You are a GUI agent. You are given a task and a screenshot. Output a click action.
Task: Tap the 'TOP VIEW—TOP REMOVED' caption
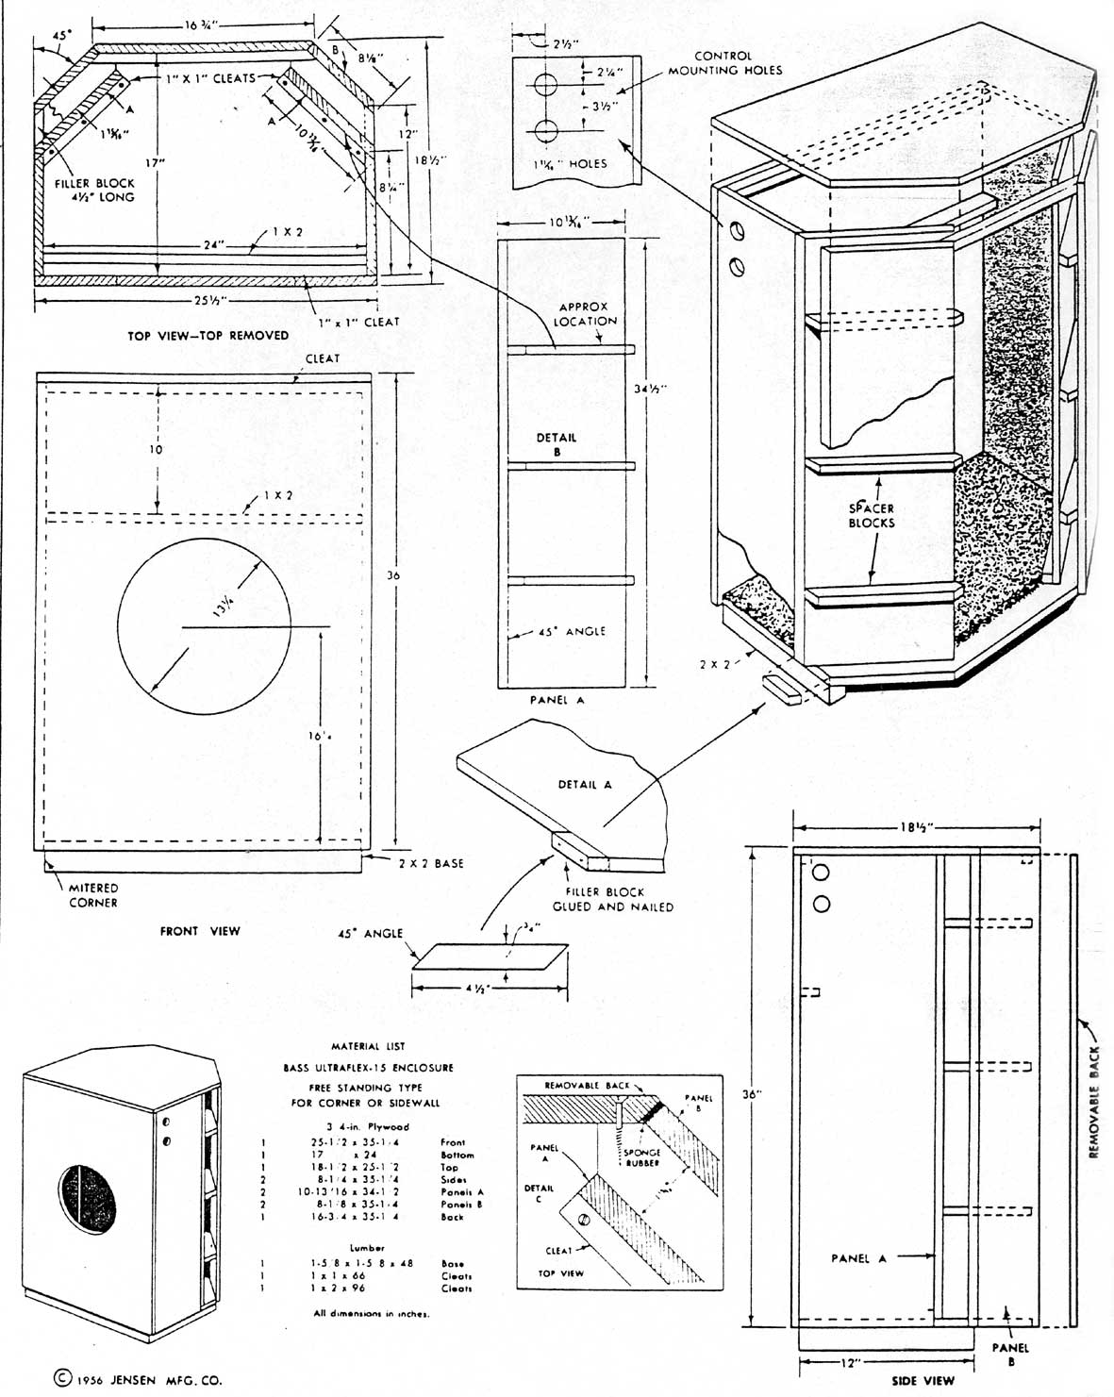tap(208, 336)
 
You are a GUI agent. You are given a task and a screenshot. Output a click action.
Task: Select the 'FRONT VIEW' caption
tap(200, 931)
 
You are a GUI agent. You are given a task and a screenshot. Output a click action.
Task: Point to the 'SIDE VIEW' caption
tap(923, 1381)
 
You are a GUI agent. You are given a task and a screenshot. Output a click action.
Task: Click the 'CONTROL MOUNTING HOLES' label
tap(724, 63)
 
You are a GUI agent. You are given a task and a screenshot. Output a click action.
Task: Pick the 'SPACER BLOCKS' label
tap(871, 515)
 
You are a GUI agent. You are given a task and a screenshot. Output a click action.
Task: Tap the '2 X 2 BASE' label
tap(430, 863)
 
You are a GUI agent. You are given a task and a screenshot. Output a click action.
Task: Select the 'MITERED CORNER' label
tap(92, 895)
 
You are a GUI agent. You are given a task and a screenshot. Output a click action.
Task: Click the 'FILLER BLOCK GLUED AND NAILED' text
tap(611, 899)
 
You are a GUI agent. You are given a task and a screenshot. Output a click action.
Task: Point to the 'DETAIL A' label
tap(585, 785)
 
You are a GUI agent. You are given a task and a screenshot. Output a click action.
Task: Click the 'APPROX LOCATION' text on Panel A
tap(585, 314)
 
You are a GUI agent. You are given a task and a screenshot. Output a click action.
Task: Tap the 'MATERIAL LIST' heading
tap(369, 1046)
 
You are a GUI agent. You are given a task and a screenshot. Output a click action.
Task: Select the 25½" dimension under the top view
tap(203, 301)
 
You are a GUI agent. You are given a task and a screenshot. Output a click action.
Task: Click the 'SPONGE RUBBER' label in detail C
tap(641, 1158)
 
